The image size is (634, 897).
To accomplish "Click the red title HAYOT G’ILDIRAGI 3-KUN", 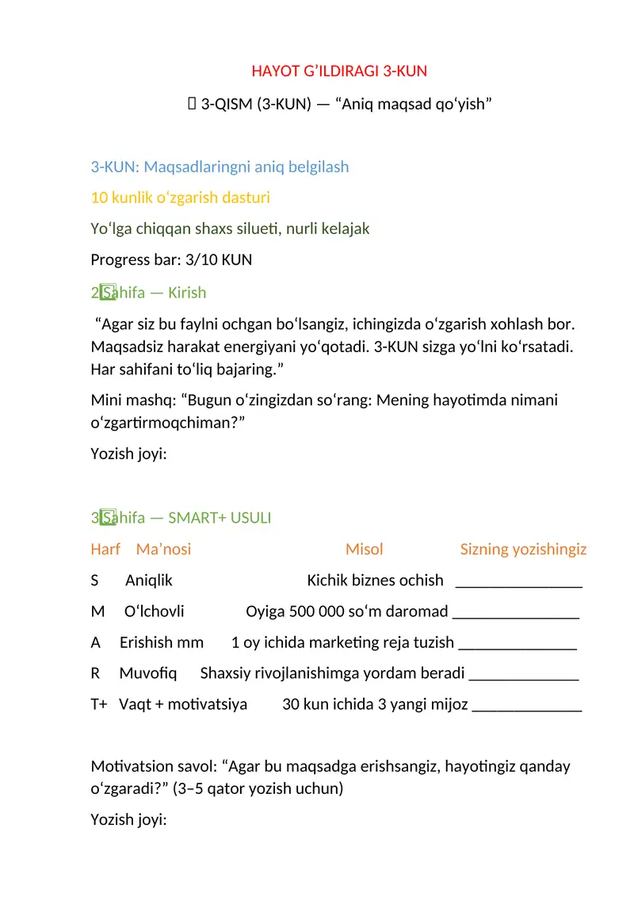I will tap(338, 71).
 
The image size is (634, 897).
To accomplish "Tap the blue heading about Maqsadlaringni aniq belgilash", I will tap(220, 167).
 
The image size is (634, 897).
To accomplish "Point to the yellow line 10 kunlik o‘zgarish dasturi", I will tap(174, 197).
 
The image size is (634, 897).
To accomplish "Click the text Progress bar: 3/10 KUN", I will tap(171, 259).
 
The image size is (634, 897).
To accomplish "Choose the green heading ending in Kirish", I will tap(148, 293).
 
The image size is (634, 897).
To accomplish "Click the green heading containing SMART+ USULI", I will tap(181, 518).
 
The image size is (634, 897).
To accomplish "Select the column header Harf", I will tap(105, 549).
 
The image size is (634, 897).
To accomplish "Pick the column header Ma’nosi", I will tap(163, 549).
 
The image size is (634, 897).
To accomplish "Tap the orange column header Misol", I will tap(364, 549).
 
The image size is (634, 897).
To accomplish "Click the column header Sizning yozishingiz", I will tap(523, 549).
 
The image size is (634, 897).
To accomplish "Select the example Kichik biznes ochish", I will tap(375, 581).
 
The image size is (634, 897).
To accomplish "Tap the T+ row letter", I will tap(99, 704).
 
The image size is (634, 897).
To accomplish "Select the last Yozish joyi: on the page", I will tap(128, 819).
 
